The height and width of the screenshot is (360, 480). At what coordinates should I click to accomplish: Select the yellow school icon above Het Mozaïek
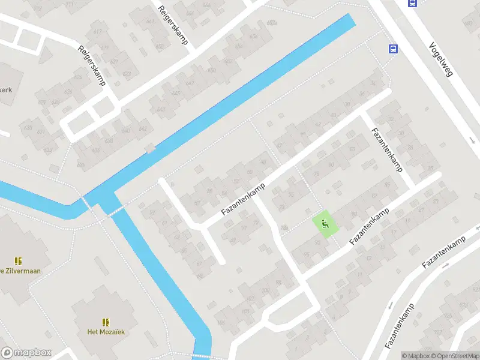click(x=106, y=322)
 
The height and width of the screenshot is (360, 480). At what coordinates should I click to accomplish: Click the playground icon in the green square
click(x=325, y=225)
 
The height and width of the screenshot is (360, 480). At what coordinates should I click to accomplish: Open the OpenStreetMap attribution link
click(x=457, y=356)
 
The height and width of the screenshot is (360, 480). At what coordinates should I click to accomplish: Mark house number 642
click(x=143, y=128)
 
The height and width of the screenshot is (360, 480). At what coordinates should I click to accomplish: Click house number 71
click(x=244, y=227)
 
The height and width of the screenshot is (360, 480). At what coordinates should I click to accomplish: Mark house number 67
click(x=199, y=263)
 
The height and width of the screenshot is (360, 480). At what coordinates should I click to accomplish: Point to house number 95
click(x=307, y=254)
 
